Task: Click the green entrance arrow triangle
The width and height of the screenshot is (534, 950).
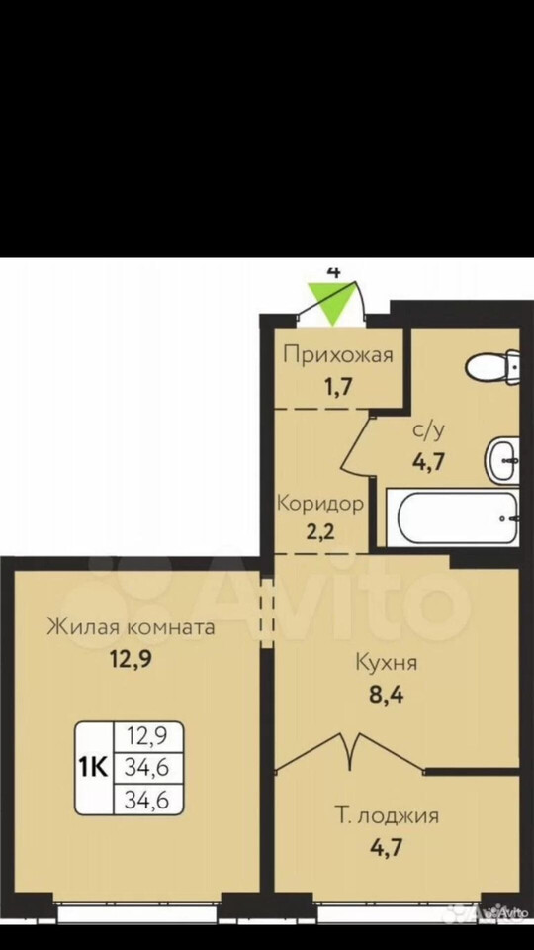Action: (x=333, y=303)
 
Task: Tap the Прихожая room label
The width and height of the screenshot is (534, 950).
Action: (x=338, y=354)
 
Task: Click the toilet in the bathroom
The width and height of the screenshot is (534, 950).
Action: (x=492, y=366)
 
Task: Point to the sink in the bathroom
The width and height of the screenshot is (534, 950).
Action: (x=501, y=460)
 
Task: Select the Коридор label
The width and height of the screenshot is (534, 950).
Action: (x=320, y=504)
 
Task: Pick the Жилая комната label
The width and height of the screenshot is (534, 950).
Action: (x=132, y=626)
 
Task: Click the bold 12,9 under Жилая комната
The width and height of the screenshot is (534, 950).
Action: (x=131, y=657)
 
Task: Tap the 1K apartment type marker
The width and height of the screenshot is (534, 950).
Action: (x=93, y=768)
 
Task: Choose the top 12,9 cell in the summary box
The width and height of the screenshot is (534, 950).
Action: (x=146, y=737)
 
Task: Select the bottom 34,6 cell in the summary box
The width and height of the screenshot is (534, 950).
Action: (x=146, y=801)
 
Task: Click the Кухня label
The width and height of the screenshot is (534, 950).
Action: (x=387, y=662)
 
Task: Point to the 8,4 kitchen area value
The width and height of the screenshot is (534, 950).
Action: (x=387, y=694)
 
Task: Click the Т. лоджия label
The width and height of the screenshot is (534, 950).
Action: (x=387, y=816)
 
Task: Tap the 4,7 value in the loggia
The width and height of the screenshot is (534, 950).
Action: (x=386, y=844)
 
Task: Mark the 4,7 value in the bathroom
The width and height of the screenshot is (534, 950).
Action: (x=428, y=462)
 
